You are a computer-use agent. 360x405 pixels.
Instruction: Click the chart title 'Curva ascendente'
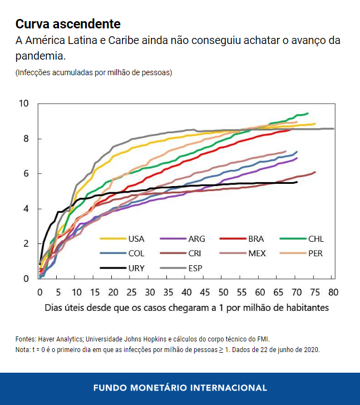(x=68, y=24)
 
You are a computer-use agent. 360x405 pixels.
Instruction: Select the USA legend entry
(x=136, y=239)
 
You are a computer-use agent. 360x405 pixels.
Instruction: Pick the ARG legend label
(x=196, y=239)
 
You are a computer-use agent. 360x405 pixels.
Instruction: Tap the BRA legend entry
(x=256, y=239)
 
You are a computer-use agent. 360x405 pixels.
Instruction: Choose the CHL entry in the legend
(x=315, y=239)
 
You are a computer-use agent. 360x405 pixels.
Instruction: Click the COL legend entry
(x=136, y=253)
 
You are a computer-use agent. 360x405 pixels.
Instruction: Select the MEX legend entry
(x=257, y=253)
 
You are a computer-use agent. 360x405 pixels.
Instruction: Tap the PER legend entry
(x=315, y=253)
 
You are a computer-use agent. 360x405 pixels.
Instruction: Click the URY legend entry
(x=136, y=268)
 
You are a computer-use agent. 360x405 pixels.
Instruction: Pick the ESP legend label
(x=196, y=268)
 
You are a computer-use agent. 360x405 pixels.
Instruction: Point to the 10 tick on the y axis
(x=23, y=104)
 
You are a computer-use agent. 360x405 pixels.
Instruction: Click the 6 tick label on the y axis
(x=25, y=174)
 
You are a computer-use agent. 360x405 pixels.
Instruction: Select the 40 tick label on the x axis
(x=187, y=292)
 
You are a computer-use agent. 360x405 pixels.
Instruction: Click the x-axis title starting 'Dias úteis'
(x=186, y=308)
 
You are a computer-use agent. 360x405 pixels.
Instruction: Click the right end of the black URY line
(x=297, y=182)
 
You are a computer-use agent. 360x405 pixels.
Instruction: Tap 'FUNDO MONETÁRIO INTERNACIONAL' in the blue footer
(x=180, y=388)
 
